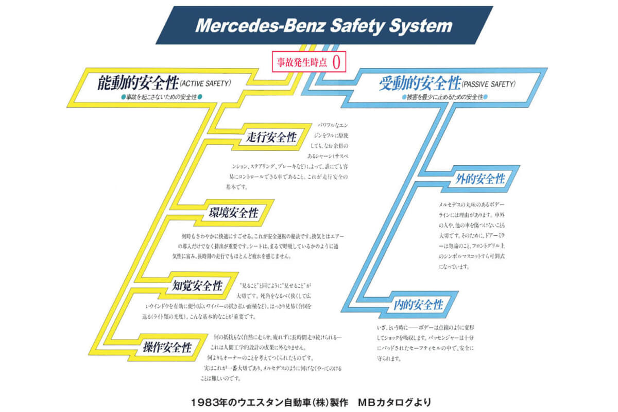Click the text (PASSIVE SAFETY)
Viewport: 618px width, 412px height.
coord(489,83)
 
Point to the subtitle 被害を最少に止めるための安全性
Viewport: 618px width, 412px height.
coord(443,97)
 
